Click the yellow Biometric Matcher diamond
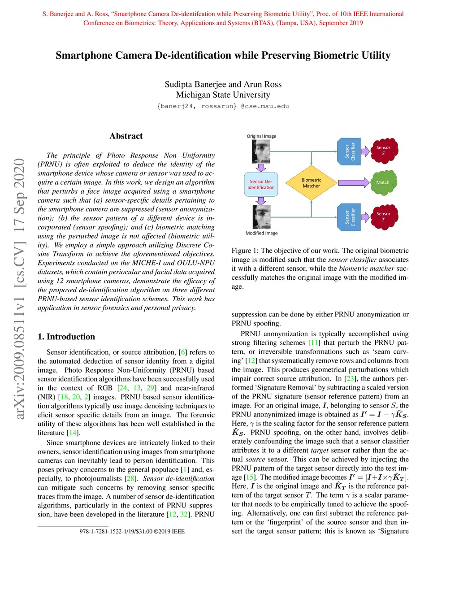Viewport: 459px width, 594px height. (x=311, y=183)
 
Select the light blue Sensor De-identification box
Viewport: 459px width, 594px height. (x=261, y=184)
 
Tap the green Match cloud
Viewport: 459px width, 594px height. (x=383, y=182)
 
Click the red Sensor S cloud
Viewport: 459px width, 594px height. (x=383, y=150)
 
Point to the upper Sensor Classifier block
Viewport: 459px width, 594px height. (x=349, y=152)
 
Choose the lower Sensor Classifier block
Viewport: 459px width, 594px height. (x=349, y=217)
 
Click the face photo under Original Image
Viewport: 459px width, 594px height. (x=261, y=152)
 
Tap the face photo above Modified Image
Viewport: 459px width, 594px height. (x=261, y=217)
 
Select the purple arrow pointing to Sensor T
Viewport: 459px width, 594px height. (x=365, y=217)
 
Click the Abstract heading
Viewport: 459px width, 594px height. (x=126, y=136)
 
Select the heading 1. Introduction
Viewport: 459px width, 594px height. (x=66, y=337)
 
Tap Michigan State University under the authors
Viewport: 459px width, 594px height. (x=223, y=95)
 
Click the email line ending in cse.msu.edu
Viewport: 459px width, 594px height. (x=223, y=106)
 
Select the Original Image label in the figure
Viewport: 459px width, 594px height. (x=261, y=136)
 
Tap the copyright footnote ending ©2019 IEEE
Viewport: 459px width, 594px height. (x=132, y=531)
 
